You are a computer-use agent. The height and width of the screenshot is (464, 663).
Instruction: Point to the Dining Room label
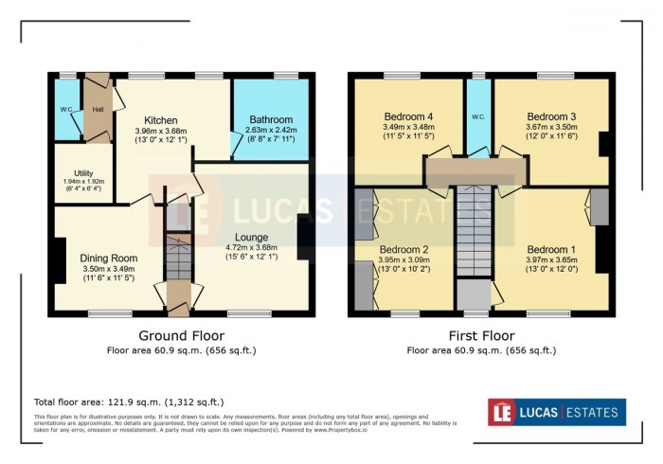coord(109,258)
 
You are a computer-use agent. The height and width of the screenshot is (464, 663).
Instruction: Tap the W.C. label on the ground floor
coord(66,109)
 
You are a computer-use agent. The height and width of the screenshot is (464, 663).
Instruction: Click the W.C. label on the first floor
coord(478,118)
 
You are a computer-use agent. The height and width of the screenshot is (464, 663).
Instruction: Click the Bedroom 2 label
coord(412,249)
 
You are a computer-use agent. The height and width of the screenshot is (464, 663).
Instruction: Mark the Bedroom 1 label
coord(551,249)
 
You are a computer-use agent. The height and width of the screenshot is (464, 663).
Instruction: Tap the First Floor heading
coord(480,335)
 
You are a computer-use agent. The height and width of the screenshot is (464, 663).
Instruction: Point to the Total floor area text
coord(129,402)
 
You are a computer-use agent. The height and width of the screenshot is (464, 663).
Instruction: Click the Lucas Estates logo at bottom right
coord(556,412)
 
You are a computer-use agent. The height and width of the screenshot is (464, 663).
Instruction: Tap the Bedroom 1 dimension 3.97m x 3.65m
coord(551,260)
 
